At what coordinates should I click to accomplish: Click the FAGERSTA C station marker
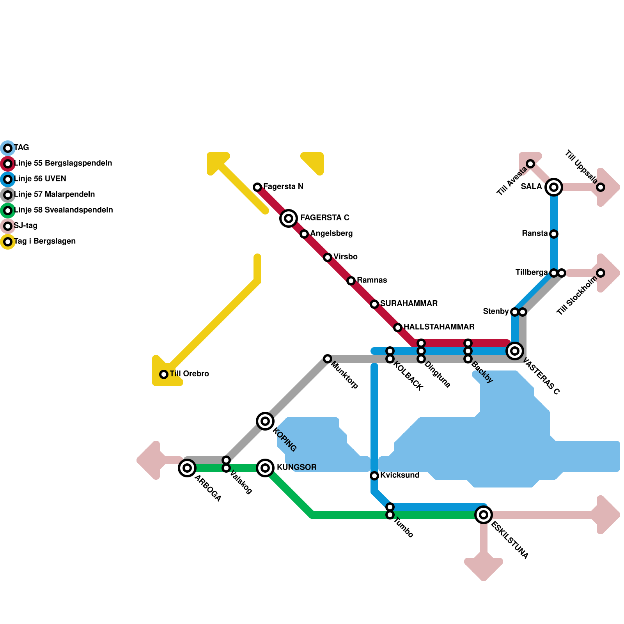pos(289,218)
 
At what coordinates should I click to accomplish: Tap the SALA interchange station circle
pos(554,187)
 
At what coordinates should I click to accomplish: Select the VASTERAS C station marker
pos(515,351)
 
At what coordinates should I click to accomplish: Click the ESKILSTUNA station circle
pos(484,515)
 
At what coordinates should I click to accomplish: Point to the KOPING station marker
pos(265,421)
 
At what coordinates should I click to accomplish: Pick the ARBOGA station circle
pos(187,468)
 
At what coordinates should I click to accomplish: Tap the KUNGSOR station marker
pos(265,468)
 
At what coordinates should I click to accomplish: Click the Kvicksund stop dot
pos(374,476)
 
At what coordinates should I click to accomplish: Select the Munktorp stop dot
pos(328,359)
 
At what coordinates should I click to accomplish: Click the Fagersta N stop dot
pos(257,187)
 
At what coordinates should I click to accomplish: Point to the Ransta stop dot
pos(554,234)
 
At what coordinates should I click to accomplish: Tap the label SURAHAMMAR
pos(409,303)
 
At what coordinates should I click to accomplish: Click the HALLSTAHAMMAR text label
pos(439,327)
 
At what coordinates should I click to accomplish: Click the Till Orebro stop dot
pos(164,374)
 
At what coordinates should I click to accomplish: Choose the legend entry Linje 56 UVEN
pos(40,179)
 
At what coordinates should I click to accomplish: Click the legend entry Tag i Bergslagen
pos(44,241)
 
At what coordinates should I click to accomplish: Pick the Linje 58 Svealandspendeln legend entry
pos(63,210)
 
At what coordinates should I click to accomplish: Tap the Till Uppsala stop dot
pos(601,187)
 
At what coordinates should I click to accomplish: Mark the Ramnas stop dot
pos(351,281)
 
